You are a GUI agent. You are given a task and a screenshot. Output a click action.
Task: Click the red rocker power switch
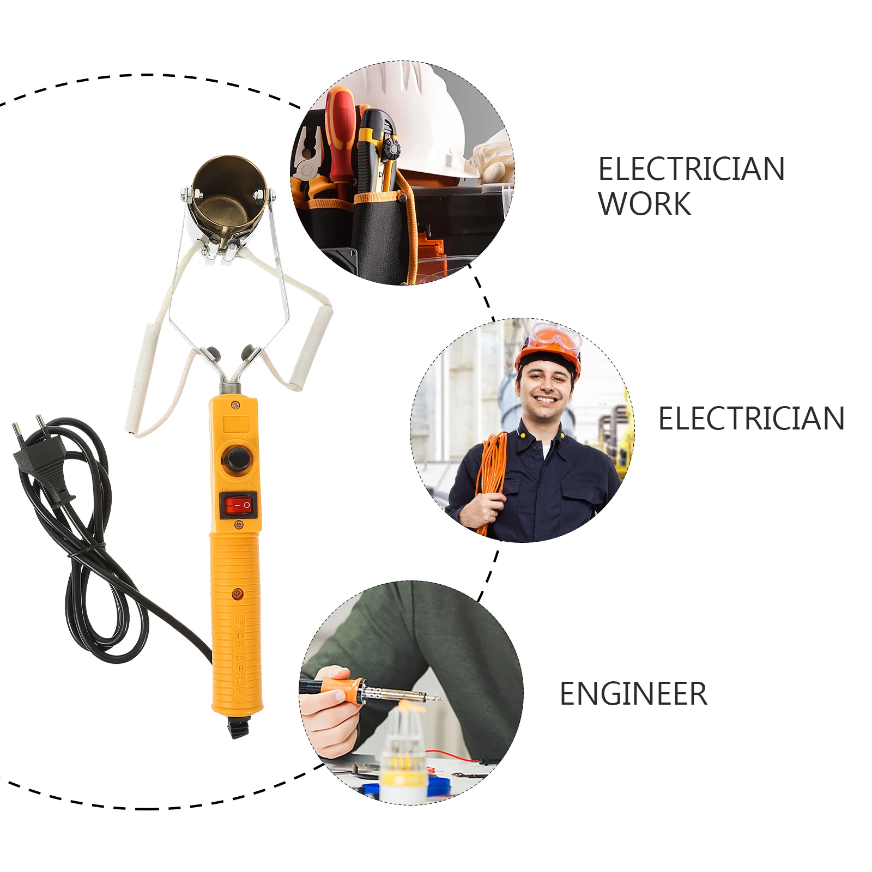238,506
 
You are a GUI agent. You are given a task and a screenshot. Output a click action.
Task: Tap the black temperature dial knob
237,458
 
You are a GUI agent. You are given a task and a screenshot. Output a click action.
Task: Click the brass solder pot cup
228,193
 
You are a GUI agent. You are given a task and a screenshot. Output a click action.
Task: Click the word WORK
644,204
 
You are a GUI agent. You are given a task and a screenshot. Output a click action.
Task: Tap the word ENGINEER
633,694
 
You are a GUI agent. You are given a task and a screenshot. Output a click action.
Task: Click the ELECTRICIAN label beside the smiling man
751,419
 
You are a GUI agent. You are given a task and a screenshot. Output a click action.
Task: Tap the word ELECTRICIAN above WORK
691,169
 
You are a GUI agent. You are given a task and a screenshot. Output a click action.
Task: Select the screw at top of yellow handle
235,405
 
